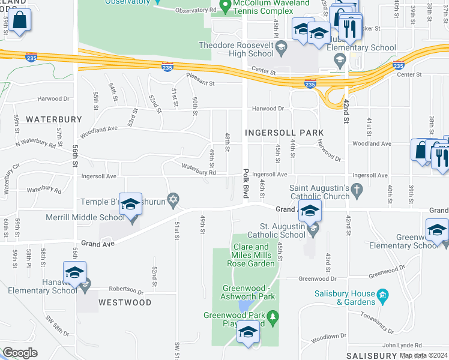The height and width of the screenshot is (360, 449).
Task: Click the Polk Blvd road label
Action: coord(246,180)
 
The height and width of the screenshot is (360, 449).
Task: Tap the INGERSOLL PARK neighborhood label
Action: coord(284,132)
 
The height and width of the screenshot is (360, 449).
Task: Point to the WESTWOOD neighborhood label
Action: coord(125,302)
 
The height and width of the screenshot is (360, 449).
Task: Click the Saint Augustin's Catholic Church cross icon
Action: coord(357,191)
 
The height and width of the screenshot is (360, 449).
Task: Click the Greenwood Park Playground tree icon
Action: coord(273,316)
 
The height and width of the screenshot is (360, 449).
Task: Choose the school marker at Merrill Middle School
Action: coord(130,206)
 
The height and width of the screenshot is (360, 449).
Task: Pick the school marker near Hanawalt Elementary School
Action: coord(75,274)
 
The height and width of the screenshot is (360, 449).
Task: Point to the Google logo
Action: coord(20,353)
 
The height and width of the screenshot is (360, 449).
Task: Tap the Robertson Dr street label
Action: coord(126,289)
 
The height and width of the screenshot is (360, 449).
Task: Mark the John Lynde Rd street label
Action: coord(402,345)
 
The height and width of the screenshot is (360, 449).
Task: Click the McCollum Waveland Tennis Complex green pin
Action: coord(226,7)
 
